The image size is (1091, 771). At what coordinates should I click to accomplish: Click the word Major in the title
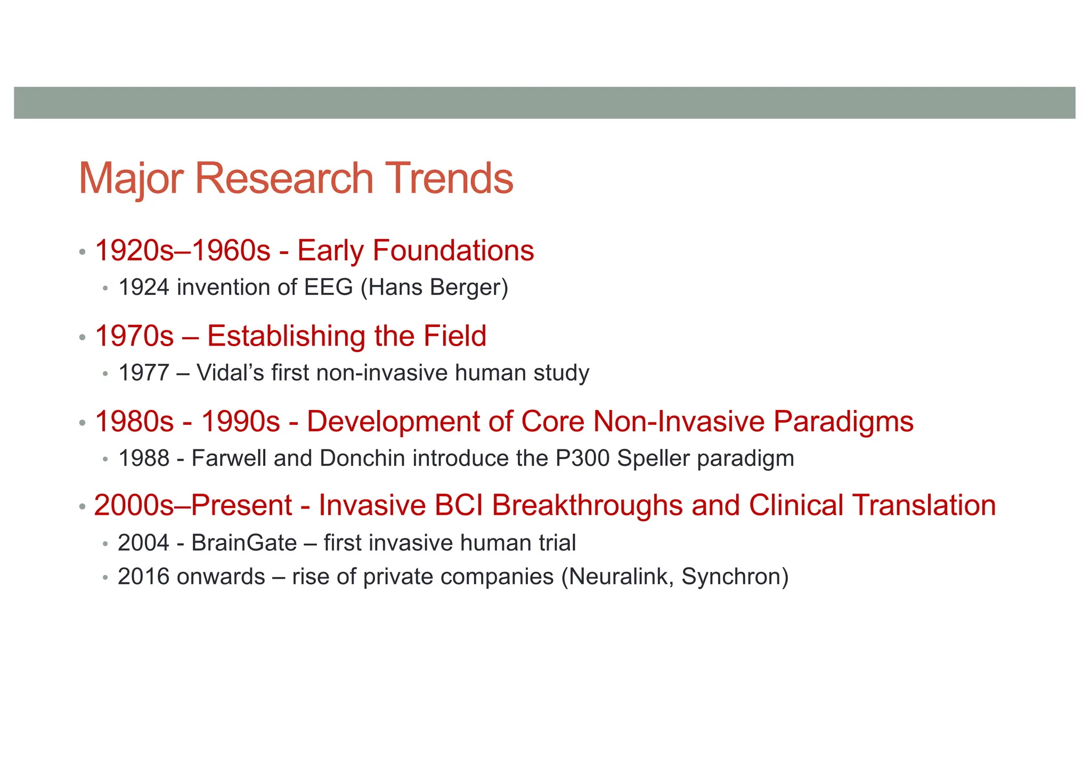pyautogui.click(x=131, y=178)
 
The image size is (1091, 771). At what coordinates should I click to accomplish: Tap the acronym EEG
pyautogui.click(x=328, y=288)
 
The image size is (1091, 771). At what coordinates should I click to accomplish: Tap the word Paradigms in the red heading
pyautogui.click(x=843, y=421)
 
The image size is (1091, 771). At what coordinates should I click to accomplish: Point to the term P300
pyautogui.click(x=582, y=458)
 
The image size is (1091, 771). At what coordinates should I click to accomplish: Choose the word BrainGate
pyautogui.click(x=244, y=543)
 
